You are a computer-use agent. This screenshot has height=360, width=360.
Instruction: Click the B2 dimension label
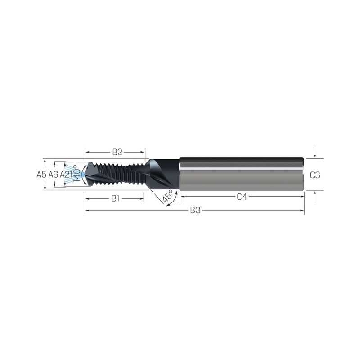click(x=117, y=152)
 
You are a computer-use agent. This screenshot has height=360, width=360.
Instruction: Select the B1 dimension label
click(x=116, y=198)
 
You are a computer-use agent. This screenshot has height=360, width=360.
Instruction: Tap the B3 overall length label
click(x=195, y=210)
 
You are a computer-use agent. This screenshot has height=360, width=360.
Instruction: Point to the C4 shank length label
click(x=242, y=197)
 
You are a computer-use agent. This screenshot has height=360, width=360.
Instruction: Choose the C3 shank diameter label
click(x=315, y=175)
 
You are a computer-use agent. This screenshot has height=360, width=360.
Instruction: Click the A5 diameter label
click(x=41, y=175)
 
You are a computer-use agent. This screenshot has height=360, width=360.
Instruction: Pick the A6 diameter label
click(x=53, y=175)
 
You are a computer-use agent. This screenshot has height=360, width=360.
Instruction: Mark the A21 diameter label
click(x=66, y=175)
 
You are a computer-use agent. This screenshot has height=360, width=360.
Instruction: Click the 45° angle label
click(x=167, y=196)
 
